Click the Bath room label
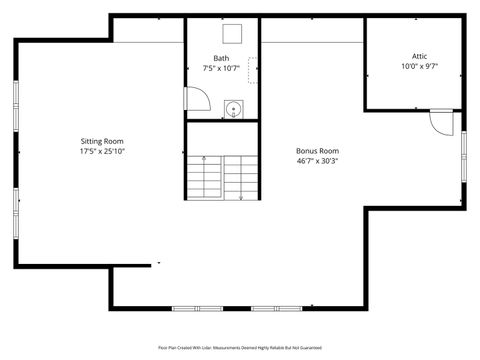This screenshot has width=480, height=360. click(221, 58)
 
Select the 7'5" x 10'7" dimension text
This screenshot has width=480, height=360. click(221, 69)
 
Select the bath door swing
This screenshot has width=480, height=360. click(198, 98)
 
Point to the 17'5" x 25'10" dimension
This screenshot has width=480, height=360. click(102, 152)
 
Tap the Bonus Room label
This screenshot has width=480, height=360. click(318, 150)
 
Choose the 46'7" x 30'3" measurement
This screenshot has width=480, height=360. click(318, 161)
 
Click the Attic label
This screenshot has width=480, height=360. click(420, 56)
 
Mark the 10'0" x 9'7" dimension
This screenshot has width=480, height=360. click(420, 67)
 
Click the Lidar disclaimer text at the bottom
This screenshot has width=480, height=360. click(239, 347)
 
